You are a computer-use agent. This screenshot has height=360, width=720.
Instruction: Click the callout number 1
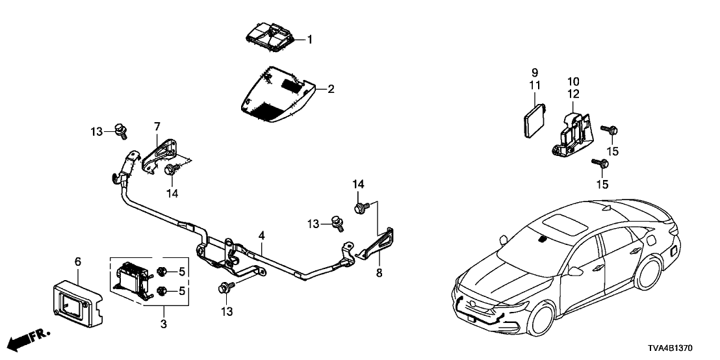(310, 40)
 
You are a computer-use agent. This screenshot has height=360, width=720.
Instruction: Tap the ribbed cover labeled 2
(276, 96)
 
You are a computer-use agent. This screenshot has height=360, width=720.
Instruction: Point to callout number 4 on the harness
(261, 235)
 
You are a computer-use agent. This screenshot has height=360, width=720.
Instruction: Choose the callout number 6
(78, 261)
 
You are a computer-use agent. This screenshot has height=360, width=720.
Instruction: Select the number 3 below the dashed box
(163, 322)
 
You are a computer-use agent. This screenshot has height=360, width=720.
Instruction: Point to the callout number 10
(572, 81)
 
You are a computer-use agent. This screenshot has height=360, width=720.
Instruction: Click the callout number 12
(572, 94)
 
